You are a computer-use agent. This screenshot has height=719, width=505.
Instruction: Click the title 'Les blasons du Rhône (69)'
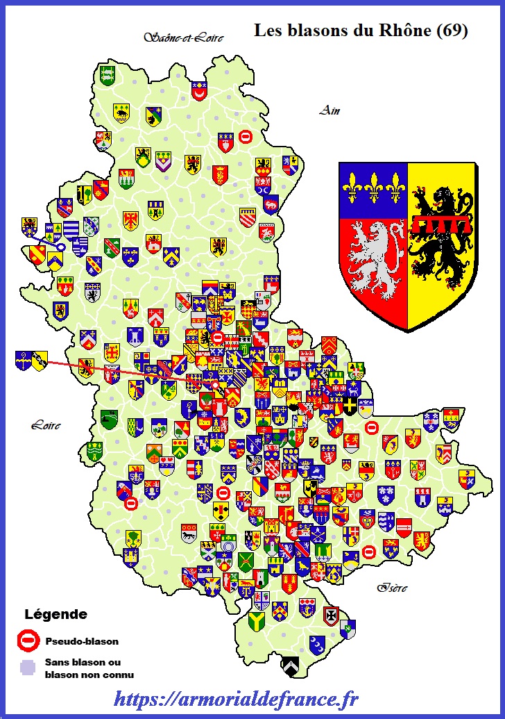click(361, 31)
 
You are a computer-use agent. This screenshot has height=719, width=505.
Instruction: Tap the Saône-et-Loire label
click(184, 38)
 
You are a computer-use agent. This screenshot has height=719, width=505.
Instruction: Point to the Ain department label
click(329, 110)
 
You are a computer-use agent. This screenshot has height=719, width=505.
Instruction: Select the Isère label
click(392, 588)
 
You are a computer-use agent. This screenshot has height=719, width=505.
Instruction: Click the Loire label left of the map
click(45, 425)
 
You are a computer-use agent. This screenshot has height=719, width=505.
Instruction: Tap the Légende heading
click(55, 614)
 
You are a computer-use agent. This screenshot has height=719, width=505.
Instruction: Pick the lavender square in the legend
click(27, 668)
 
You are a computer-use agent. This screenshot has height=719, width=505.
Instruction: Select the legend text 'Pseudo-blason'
click(81, 641)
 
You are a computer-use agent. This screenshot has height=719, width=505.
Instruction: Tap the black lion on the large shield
click(441, 236)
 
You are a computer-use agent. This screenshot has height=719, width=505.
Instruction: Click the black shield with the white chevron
click(290, 666)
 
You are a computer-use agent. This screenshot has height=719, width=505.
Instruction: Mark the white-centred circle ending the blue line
click(61, 247)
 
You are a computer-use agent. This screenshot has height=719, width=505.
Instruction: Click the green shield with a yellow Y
click(257, 620)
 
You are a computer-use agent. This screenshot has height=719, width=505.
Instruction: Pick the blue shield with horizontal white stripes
click(72, 229)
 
